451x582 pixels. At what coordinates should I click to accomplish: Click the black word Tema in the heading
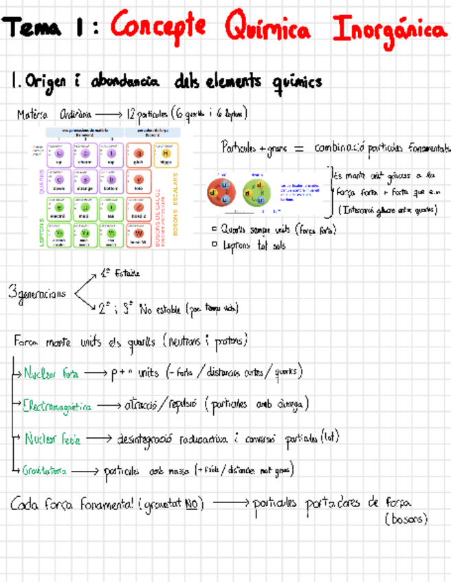[x=34, y=29]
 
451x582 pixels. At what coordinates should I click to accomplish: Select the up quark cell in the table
[x=59, y=156]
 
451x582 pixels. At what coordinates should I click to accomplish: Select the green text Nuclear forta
[x=51, y=374]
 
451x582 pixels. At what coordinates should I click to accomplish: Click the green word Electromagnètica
[x=56, y=406]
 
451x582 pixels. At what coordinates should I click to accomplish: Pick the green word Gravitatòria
[x=44, y=471]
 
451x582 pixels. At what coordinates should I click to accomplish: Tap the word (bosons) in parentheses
[x=406, y=520]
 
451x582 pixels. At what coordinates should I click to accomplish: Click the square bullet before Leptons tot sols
[x=215, y=243]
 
